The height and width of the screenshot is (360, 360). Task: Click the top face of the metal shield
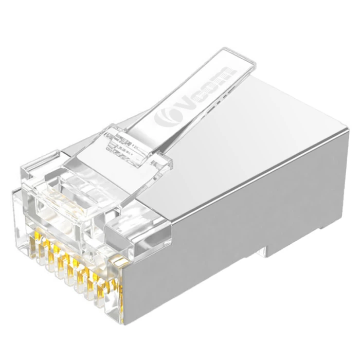click(x=242, y=129)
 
